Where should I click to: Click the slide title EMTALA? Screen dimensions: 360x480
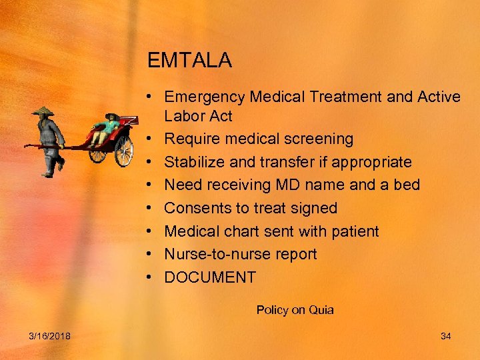click(189, 61)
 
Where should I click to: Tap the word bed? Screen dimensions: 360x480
click(407, 185)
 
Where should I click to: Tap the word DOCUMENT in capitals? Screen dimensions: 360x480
click(210, 278)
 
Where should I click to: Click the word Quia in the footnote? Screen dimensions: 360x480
click(322, 310)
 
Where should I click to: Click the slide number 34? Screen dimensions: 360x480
click(446, 336)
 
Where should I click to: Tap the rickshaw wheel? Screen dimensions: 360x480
click(124, 151)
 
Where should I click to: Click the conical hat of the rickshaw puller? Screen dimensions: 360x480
click(43, 111)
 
